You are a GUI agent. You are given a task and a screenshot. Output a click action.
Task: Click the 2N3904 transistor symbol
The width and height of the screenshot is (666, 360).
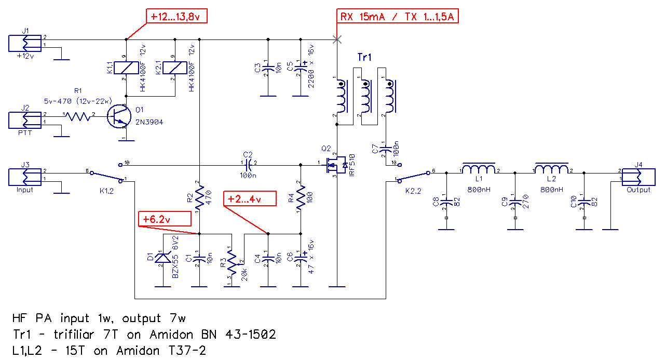119,116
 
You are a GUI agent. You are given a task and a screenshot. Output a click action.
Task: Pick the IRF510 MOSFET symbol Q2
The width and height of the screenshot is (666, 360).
336,165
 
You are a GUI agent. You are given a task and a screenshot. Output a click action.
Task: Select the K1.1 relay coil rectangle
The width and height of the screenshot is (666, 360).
126,68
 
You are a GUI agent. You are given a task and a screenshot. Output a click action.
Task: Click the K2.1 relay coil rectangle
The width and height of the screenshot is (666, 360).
175,68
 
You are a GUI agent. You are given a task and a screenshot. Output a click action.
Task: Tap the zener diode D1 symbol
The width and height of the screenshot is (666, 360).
163,258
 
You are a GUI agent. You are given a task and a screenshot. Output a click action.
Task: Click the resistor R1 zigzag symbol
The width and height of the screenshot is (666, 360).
78,116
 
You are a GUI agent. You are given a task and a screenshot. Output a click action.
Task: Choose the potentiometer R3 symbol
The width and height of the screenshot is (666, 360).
233,262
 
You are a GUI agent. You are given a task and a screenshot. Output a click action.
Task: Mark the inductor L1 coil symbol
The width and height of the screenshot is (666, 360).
479,168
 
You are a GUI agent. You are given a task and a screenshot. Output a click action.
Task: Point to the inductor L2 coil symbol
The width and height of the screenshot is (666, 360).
552,168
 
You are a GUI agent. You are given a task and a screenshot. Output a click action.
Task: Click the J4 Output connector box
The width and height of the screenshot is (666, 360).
638,177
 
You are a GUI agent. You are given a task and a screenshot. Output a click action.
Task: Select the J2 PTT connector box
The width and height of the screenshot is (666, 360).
25,120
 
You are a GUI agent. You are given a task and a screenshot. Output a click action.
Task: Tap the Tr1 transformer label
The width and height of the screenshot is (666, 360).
364,57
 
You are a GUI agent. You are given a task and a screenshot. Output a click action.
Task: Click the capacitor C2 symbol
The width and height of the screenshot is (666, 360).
248,165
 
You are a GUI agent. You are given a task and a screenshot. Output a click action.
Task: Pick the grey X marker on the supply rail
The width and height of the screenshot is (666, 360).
337,39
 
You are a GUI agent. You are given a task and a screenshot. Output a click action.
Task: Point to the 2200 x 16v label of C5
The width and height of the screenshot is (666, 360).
311,66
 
